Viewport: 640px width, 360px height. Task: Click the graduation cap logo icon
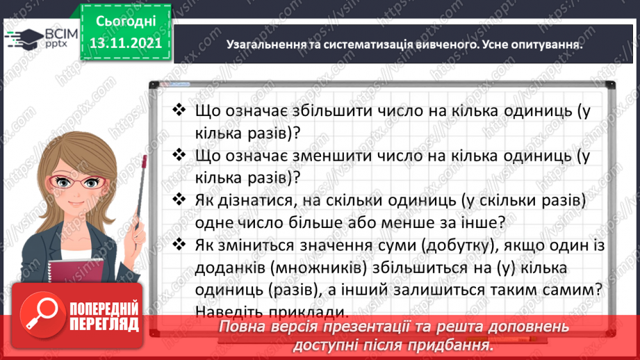(x=20, y=36)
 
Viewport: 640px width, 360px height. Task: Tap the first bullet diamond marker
(x=179, y=111)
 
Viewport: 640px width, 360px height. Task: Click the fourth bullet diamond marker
(x=179, y=245)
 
